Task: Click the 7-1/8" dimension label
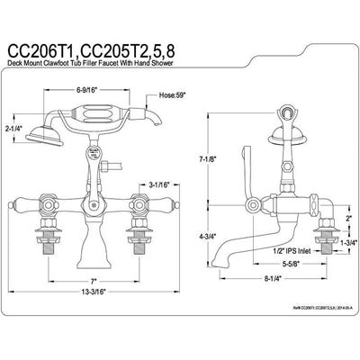coord(210,160)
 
